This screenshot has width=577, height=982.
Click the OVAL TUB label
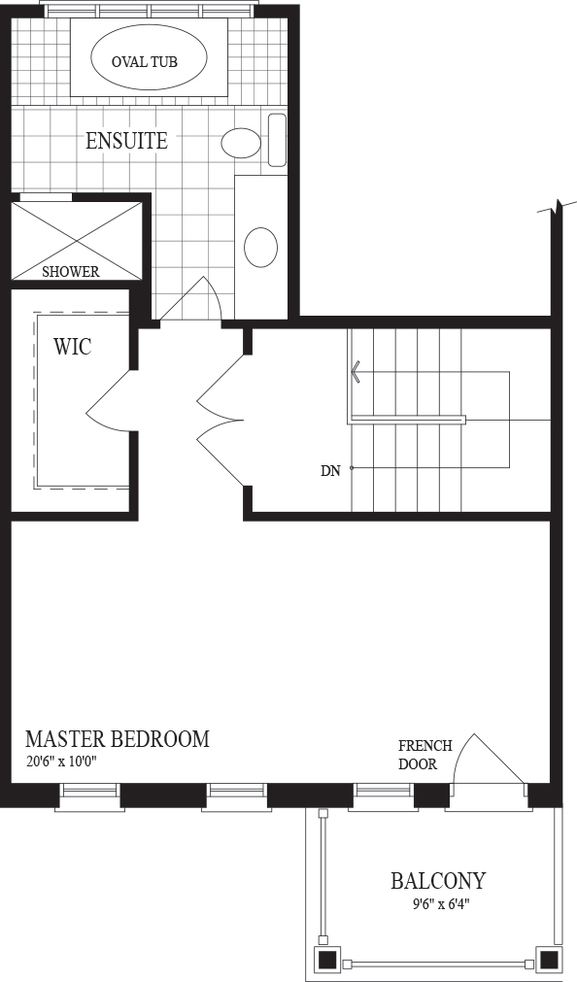click(144, 61)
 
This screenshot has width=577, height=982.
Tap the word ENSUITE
click(126, 141)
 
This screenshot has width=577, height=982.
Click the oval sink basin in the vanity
click(260, 246)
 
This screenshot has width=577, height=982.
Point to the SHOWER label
click(71, 272)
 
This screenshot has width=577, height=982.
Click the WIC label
click(73, 346)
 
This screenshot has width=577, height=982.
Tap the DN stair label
click(331, 471)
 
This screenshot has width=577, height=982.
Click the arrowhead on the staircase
click(356, 373)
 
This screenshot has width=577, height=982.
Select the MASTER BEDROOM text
click(118, 739)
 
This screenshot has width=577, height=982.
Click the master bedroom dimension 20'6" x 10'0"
click(62, 762)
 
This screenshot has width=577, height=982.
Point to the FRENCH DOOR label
click(425, 755)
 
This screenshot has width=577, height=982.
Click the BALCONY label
click(438, 881)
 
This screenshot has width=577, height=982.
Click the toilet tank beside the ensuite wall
click(277, 140)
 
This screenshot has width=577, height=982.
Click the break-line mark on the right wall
click(557, 207)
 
